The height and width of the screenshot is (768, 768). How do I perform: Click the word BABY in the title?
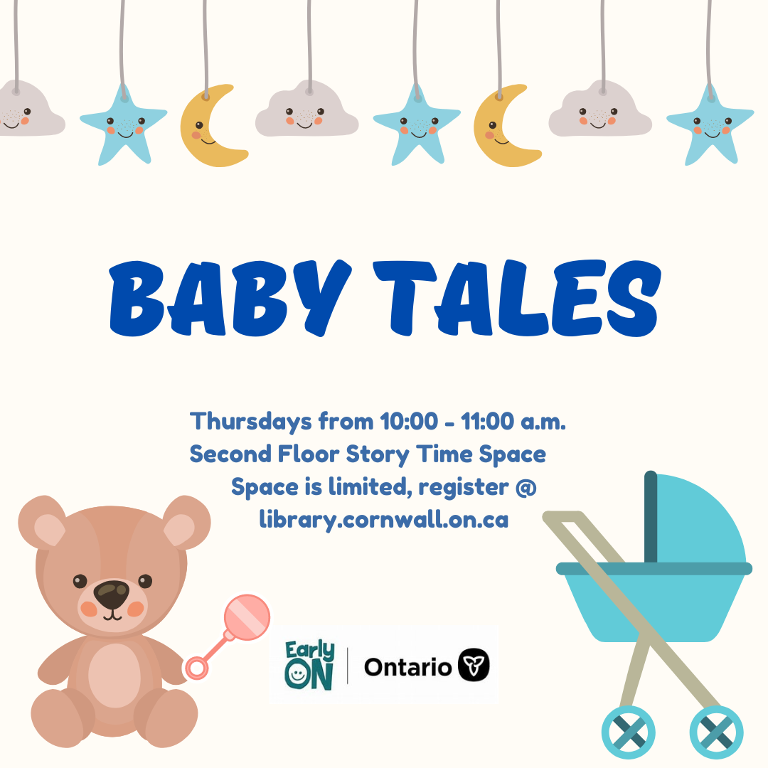tap(230, 298)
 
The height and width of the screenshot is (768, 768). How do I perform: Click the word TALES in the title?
tap(517, 298)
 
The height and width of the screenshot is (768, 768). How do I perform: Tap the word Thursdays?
tap(251, 422)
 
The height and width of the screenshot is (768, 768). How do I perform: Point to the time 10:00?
tap(409, 421)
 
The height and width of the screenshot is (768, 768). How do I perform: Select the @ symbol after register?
tap(526, 488)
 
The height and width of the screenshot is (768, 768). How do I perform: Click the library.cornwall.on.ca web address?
tap(383, 520)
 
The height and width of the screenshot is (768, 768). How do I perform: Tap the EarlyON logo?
tap(309, 665)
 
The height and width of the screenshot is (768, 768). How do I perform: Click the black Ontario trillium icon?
tap(474, 665)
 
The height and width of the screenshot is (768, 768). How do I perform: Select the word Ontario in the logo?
tap(407, 667)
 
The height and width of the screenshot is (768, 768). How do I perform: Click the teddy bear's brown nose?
tap(112, 594)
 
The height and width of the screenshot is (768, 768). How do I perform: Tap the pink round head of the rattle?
tap(247, 617)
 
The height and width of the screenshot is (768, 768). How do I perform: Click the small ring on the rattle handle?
tap(196, 668)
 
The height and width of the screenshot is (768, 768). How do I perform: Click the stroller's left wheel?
tap(629, 732)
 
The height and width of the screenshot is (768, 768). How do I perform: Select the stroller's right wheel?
tap(717, 732)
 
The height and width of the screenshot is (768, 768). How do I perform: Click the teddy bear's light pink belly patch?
tap(114, 676)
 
